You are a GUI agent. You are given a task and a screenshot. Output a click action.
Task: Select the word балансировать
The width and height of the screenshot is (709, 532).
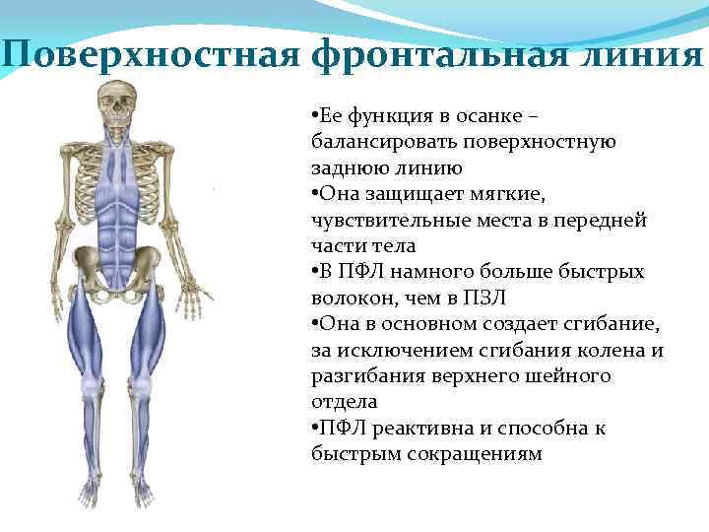pos(378,142)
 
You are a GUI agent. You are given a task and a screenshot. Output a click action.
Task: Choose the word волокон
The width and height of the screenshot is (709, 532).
pos(350,298)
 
